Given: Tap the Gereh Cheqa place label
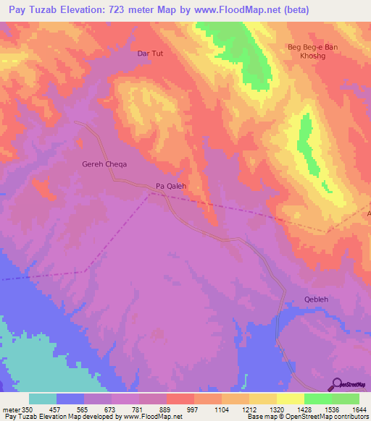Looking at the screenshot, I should (x=104, y=164).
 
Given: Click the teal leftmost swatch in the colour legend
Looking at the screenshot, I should (x=42, y=399).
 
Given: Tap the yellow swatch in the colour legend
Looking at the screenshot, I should (x=290, y=399).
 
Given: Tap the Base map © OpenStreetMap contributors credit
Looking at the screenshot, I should (x=307, y=417).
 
